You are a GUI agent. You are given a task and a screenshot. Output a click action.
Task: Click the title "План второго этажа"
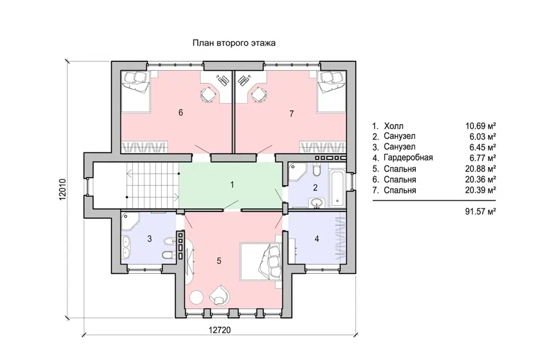pyautogui.click(x=234, y=43)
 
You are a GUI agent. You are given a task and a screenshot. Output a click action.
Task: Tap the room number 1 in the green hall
pyautogui.click(x=232, y=184)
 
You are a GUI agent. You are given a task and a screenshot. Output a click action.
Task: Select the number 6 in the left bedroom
pyautogui.click(x=181, y=112)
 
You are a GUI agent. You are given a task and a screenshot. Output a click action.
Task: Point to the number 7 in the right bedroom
pyautogui.click(x=292, y=113)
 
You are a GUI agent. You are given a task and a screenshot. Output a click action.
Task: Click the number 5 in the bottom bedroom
pyautogui.click(x=219, y=261)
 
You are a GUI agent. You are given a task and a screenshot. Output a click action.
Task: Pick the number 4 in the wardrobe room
pyautogui.click(x=317, y=238)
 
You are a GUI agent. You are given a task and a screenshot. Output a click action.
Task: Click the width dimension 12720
pyautogui.click(x=220, y=330)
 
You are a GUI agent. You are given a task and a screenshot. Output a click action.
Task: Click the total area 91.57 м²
pyautogui.click(x=480, y=211)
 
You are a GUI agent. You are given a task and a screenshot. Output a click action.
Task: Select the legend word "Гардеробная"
pyautogui.click(x=408, y=157)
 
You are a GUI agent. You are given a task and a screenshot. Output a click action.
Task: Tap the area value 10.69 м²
pyautogui.click(x=480, y=126)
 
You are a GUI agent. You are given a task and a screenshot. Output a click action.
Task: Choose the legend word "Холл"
pyautogui.click(x=393, y=126)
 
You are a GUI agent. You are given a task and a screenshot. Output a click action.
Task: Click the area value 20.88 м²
pyautogui.click(x=480, y=169)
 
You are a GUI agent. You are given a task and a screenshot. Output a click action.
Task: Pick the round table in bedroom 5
pyautogui.click(x=197, y=298)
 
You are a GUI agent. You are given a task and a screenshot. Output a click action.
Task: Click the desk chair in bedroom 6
pyautogui.click(x=208, y=94)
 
